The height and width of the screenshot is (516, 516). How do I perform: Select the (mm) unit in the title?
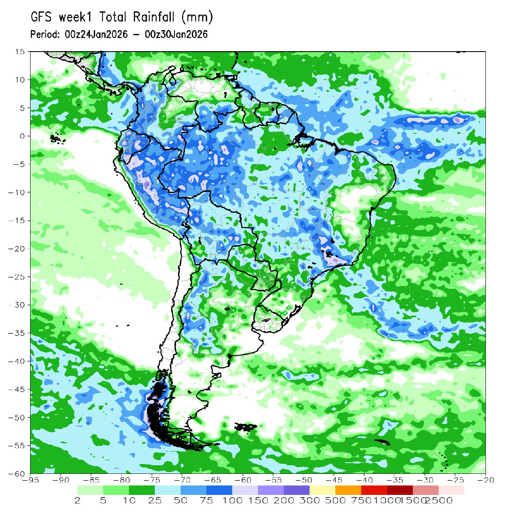click(x=197, y=17)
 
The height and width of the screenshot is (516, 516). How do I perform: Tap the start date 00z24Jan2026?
click(x=95, y=34)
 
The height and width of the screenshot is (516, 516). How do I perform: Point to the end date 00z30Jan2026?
click(x=176, y=34)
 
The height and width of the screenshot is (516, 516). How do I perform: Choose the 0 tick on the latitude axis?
click(x=22, y=136)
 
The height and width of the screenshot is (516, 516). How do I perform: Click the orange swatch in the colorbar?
click(x=348, y=490)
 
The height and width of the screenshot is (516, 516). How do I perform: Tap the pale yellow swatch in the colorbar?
click(x=322, y=490)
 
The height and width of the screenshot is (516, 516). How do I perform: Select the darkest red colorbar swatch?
click(x=400, y=490)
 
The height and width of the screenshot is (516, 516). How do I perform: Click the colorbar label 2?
click(x=78, y=501)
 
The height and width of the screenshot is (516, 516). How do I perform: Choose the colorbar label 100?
click(x=232, y=501)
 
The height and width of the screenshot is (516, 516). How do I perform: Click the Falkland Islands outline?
click(x=246, y=427)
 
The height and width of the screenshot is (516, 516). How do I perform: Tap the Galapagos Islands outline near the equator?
click(x=55, y=138)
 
